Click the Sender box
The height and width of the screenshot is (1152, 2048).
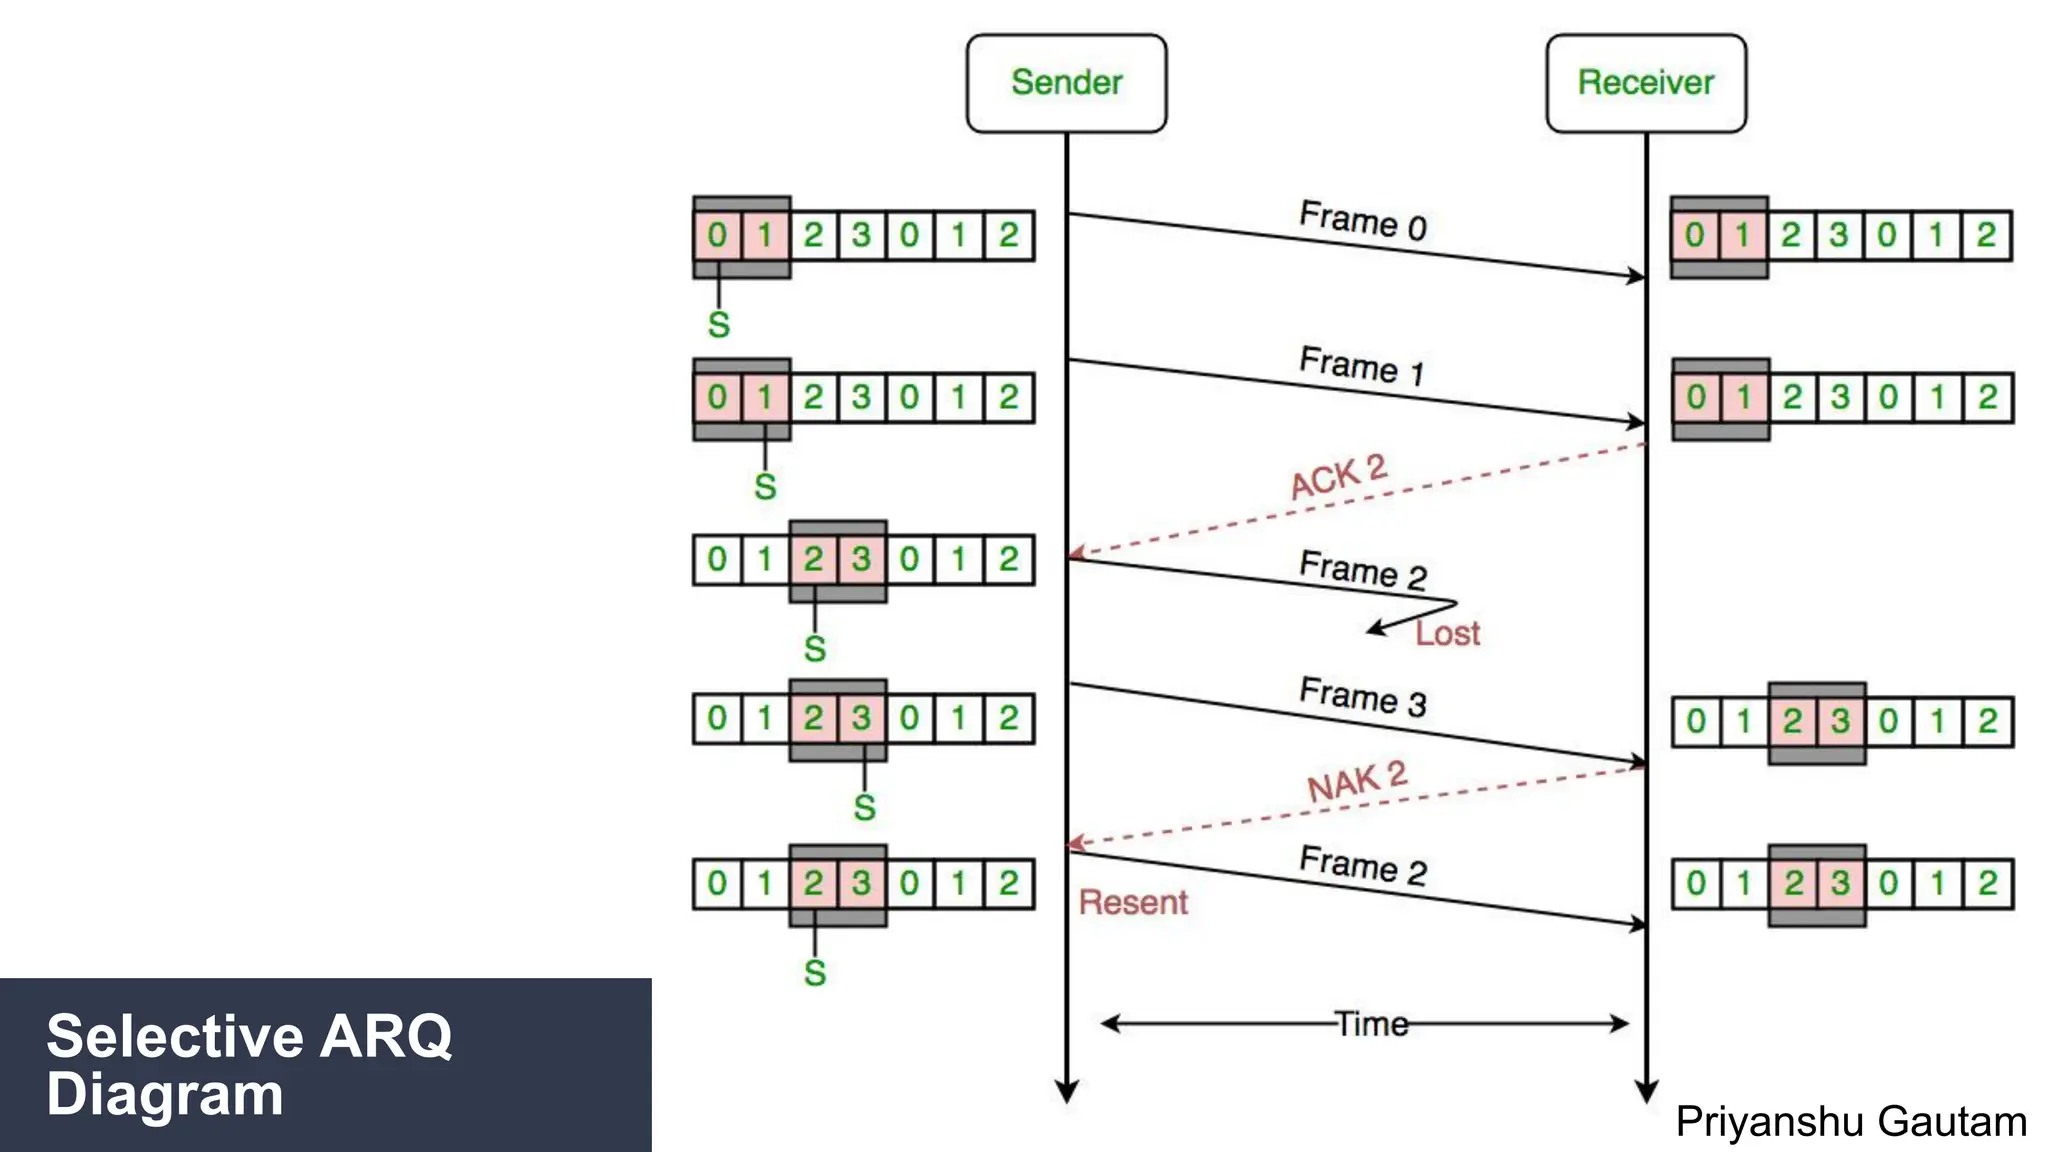[1066, 83]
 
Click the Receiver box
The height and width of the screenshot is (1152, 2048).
[1646, 83]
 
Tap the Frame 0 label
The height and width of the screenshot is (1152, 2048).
[1362, 221]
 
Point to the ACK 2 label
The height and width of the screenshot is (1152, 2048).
[1339, 477]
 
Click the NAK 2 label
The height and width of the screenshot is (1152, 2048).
[1357, 782]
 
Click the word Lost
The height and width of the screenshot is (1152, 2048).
[1447, 634]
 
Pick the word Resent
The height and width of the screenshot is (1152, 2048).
[1133, 903]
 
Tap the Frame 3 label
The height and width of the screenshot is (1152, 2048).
[1362, 697]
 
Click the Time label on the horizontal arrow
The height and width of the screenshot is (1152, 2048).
[1372, 1024]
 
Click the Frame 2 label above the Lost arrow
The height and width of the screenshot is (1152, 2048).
[1362, 570]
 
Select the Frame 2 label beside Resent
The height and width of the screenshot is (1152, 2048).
[1362, 865]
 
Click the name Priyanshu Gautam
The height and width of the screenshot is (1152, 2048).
[1851, 1122]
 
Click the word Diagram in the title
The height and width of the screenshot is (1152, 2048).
[165, 1095]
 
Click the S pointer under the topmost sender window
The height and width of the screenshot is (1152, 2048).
[719, 325]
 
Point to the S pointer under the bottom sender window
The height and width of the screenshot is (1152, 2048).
[815, 973]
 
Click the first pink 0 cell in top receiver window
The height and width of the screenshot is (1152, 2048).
[1694, 236]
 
